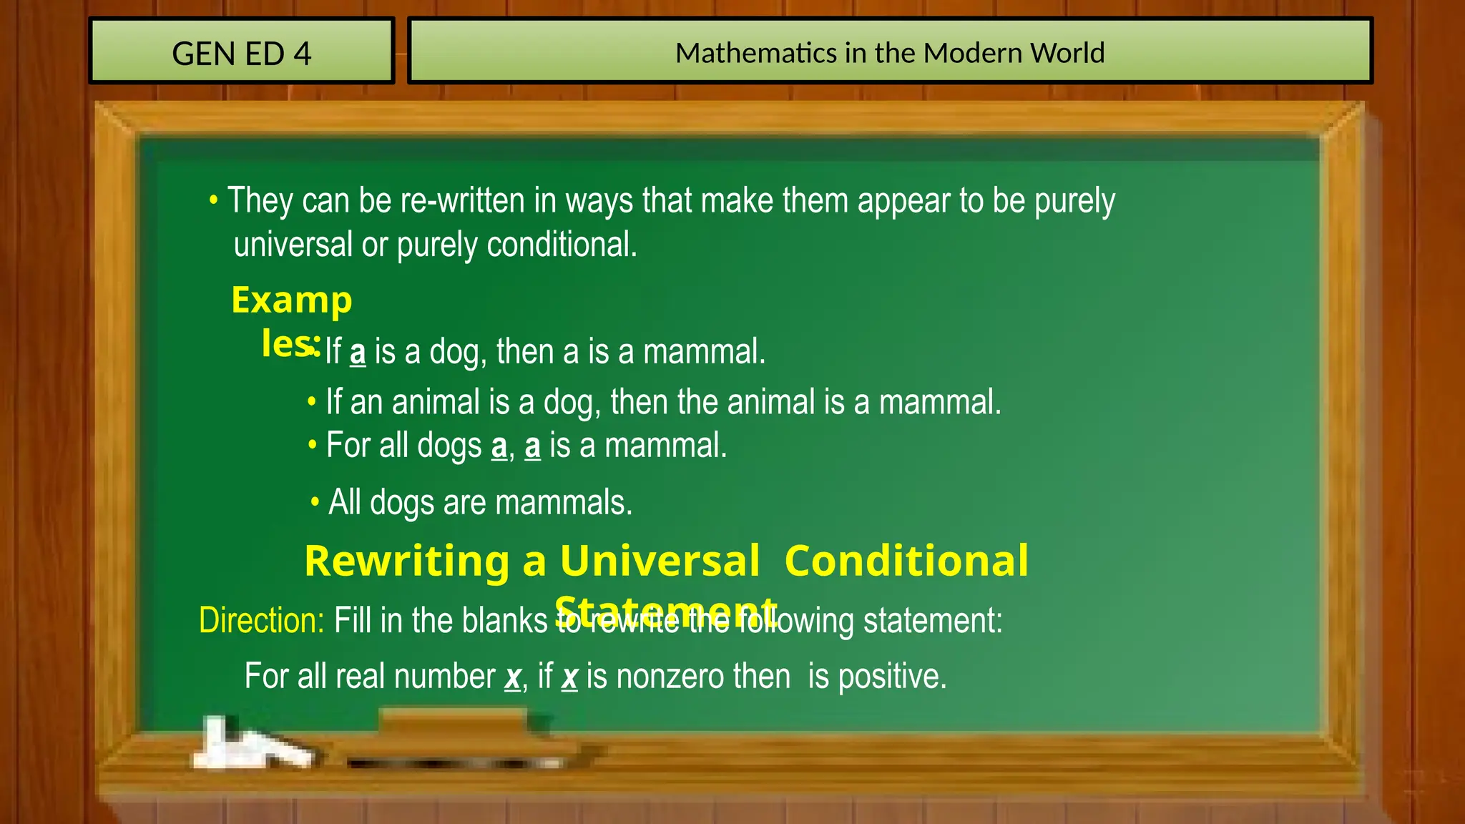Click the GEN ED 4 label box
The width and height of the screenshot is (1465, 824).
click(x=242, y=51)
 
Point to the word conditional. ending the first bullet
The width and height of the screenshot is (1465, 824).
click(x=562, y=245)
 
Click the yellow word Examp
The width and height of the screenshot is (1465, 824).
click(x=292, y=300)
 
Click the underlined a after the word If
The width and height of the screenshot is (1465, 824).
click(x=358, y=353)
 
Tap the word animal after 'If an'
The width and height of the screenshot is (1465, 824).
click(x=436, y=402)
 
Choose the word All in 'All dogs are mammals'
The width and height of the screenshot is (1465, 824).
click(x=345, y=502)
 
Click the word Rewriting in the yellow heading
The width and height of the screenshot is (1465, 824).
click(x=406, y=561)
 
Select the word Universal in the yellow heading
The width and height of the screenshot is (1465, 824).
click(x=660, y=561)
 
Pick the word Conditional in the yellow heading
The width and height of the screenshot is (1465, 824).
click(x=906, y=561)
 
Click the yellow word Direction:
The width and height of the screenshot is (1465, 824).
click(x=262, y=620)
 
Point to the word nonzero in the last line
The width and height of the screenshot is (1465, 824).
click(x=703, y=677)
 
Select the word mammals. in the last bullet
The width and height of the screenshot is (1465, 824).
click(x=564, y=502)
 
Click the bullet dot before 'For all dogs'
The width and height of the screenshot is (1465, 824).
click(x=313, y=445)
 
